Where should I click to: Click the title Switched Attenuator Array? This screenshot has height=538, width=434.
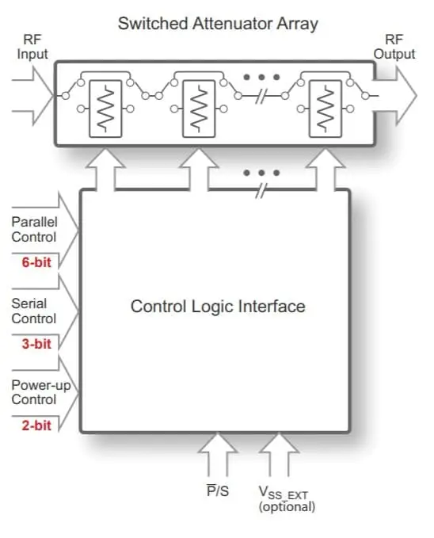218,24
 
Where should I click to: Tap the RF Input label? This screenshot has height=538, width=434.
32,47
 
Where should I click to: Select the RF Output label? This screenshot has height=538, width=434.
394,47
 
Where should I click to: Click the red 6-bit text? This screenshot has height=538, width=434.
36,262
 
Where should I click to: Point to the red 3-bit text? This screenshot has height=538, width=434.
36,344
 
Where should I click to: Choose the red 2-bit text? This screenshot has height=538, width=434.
36,425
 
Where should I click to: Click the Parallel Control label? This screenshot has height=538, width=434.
34,230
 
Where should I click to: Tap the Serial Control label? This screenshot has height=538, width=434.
33,311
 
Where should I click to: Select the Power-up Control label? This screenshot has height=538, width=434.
41,392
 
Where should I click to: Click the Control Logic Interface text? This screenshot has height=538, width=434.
218,307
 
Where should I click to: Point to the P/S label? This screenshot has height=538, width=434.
218,490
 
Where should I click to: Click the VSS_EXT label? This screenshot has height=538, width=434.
283,493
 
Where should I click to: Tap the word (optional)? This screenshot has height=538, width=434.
287,507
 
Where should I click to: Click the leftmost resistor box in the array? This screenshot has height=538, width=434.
105,109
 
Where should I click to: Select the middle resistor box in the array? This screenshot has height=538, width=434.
199,109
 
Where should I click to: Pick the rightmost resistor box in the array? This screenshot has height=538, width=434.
325,109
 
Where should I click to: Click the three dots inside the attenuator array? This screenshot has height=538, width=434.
261,77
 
